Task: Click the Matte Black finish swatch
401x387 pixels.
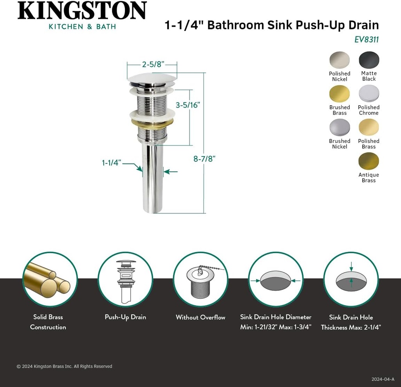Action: tap(369, 60)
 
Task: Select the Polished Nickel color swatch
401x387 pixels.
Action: tap(339, 60)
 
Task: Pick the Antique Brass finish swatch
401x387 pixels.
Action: tap(368, 161)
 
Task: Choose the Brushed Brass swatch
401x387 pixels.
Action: tap(339, 94)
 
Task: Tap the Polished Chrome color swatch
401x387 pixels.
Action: tap(368, 94)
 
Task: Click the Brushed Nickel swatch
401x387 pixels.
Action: tap(339, 128)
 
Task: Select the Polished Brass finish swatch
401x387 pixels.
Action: tap(368, 128)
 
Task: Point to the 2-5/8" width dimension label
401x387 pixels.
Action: tap(153, 65)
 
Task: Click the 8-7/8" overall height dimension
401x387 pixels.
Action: tap(204, 158)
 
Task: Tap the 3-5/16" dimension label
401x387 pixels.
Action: tap(188, 105)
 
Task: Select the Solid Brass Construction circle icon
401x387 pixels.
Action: tap(50, 279)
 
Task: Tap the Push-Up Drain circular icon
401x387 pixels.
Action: tap(125, 279)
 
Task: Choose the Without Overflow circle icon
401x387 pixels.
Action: tap(200, 279)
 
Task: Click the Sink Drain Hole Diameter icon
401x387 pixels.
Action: tap(276, 279)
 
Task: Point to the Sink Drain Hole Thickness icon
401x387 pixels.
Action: tap(351, 279)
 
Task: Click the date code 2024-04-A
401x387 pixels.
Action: tap(383, 379)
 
